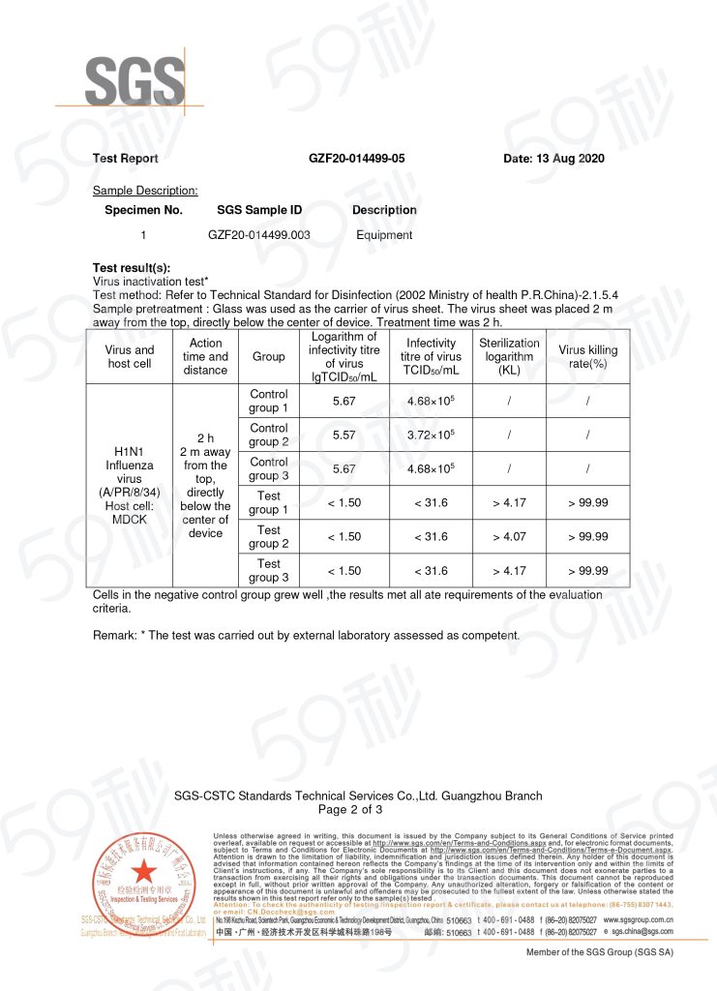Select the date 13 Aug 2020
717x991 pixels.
coord(553,159)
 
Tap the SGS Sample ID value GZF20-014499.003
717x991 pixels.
coord(259,235)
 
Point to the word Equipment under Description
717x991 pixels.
coord(384,235)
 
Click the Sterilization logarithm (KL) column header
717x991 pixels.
coord(509,356)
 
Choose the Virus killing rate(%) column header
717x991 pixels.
coord(588,356)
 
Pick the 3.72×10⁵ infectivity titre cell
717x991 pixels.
coord(432,435)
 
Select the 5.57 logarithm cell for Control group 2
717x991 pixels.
coord(344,435)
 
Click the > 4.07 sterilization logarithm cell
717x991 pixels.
coord(509,537)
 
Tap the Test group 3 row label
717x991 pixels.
coord(269,570)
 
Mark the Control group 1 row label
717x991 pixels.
coord(269,401)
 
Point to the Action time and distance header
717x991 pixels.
coord(205,356)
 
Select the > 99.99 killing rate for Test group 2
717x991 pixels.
coord(588,537)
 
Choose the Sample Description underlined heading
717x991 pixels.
coord(145,191)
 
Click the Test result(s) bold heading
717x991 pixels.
coord(131,267)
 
